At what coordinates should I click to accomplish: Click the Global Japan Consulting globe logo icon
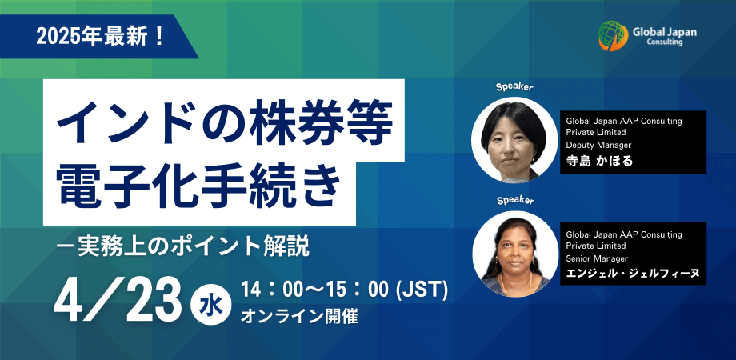point(613,36)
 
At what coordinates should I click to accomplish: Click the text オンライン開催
point(299,317)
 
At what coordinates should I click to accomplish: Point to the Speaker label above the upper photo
point(515,87)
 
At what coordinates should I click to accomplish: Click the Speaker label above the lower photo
point(515,201)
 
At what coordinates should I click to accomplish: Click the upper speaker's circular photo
point(514,140)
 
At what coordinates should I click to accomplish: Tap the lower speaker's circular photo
point(515,254)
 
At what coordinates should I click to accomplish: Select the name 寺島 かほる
point(599,161)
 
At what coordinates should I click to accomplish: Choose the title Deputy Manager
point(598,145)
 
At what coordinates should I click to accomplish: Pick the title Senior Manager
point(597,258)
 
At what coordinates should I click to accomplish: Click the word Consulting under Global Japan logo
point(664,42)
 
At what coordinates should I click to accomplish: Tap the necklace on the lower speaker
point(515,281)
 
